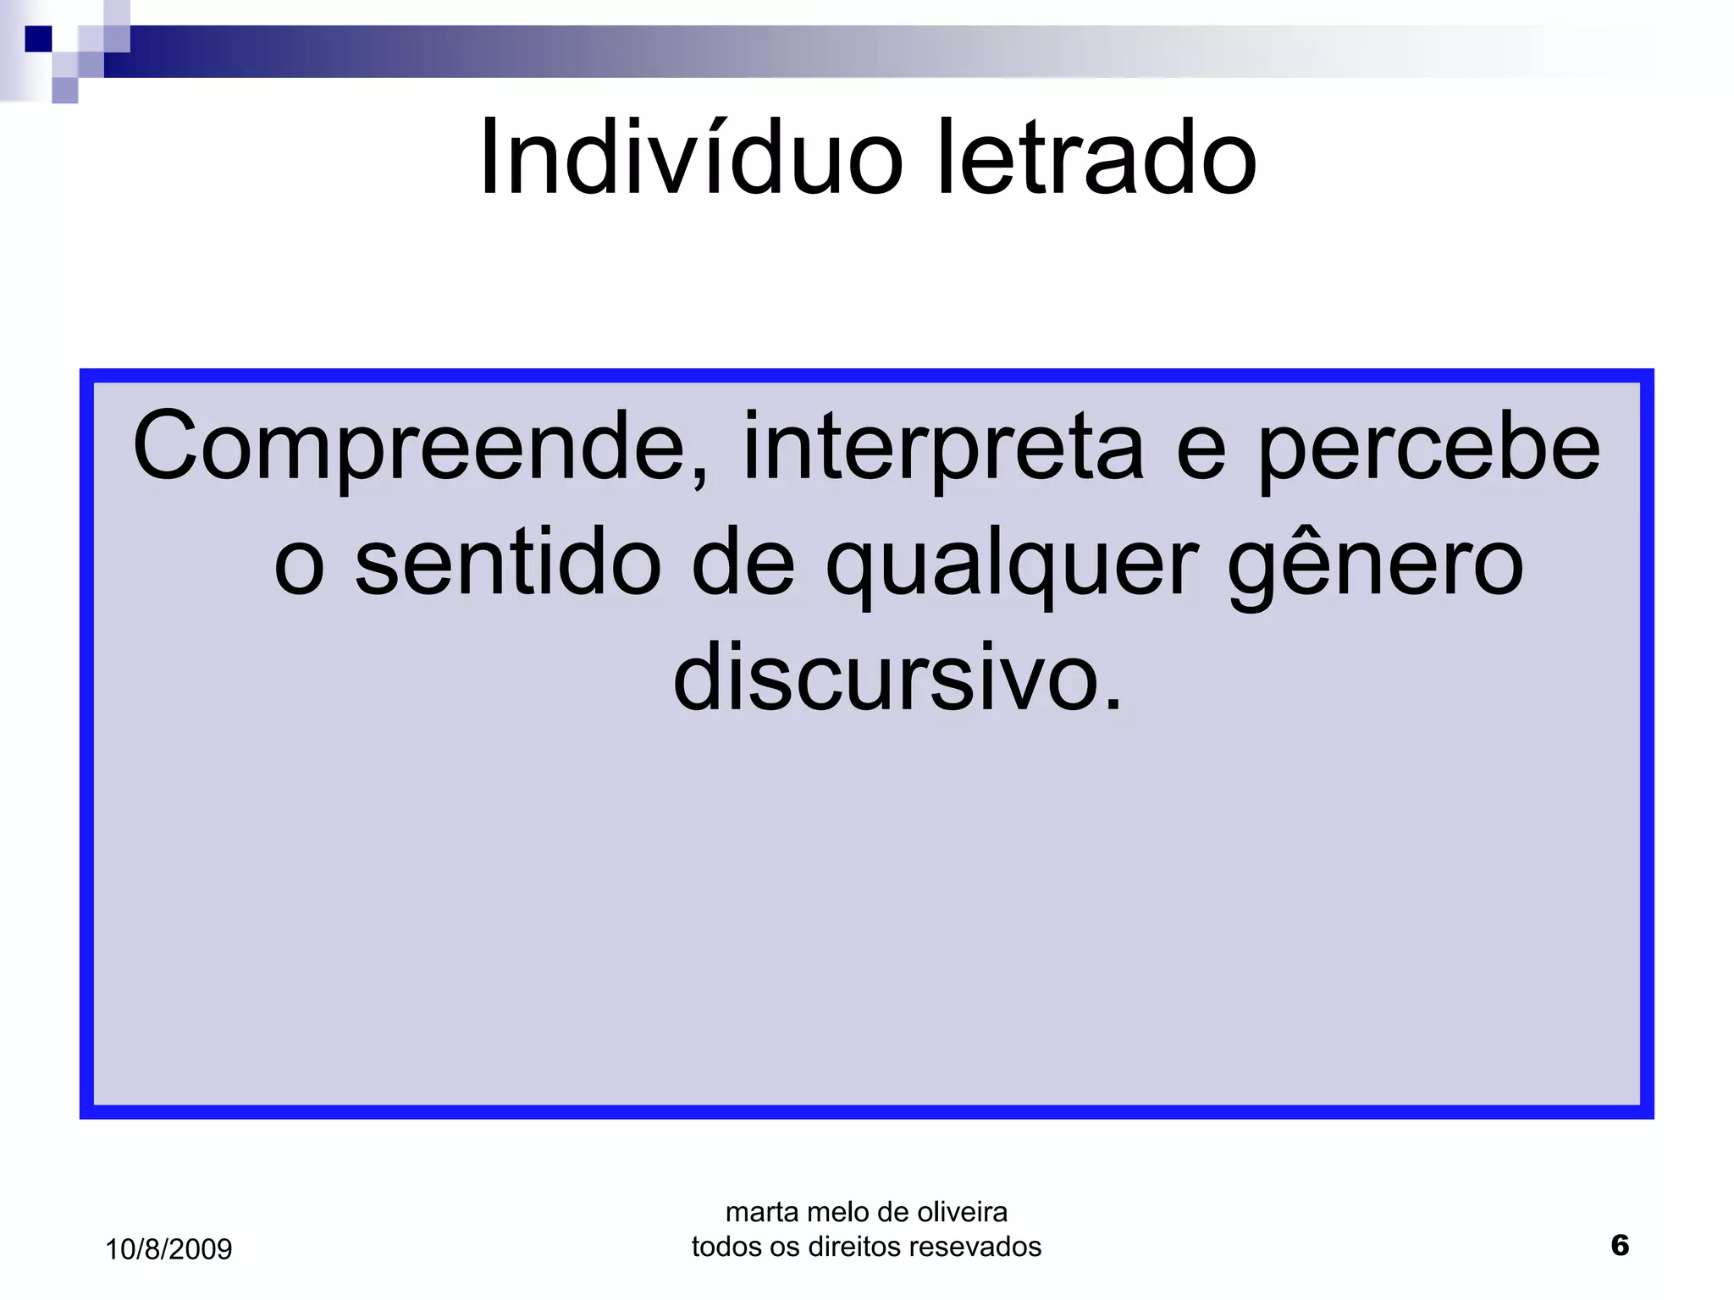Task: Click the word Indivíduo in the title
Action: [690, 158]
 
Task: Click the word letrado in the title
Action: [1096, 158]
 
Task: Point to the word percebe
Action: [1428, 447]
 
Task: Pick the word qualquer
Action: [1012, 565]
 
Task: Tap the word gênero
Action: [1376, 565]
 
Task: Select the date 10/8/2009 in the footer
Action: [168, 1249]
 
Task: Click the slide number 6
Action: [1620, 1245]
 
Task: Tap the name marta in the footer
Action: [762, 1213]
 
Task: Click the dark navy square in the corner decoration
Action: [38, 39]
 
